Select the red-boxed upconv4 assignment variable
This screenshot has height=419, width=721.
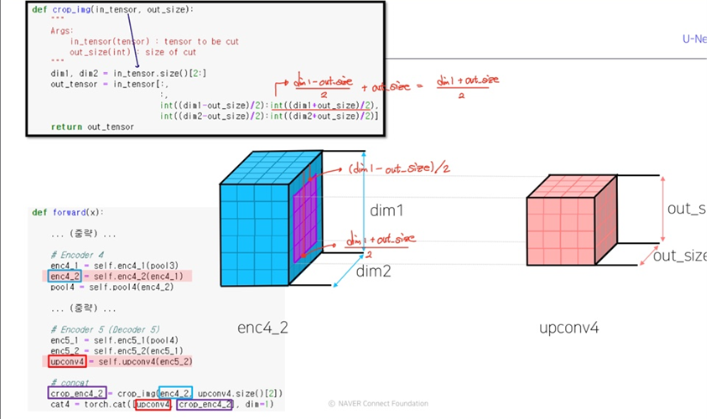pyautogui.click(x=67, y=362)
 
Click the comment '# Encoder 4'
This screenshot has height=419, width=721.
pyautogui.click(x=77, y=255)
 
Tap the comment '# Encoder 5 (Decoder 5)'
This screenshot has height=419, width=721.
pyautogui.click(x=107, y=329)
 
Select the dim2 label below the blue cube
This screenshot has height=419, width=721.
pyautogui.click(x=373, y=272)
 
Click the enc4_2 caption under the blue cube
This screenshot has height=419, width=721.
pyautogui.click(x=263, y=328)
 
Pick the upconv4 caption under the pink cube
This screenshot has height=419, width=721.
pyautogui.click(x=568, y=328)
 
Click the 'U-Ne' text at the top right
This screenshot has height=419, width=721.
pyautogui.click(x=696, y=39)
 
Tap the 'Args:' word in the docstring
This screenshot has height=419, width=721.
pyautogui.click(x=62, y=30)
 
